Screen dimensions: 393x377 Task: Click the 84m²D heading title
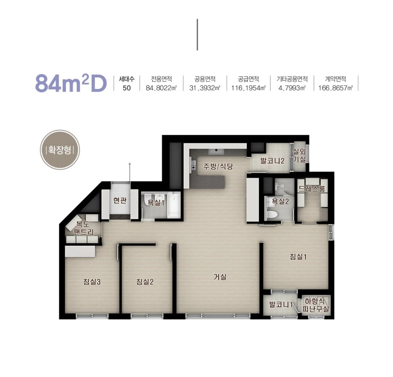71,82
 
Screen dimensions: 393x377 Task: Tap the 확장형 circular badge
60,150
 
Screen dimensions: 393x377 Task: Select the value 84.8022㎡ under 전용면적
162,88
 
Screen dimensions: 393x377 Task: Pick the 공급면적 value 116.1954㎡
249,88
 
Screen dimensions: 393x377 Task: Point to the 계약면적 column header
336,79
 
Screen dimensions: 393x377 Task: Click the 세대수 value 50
127,88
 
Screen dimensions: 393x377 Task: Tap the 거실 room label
220,277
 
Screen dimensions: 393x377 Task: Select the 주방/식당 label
218,166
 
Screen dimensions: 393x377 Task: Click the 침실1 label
298,257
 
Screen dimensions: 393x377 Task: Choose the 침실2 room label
145,282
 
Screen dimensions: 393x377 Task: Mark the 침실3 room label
92,282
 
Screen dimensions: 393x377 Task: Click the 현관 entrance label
120,201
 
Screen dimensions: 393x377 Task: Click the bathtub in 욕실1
174,205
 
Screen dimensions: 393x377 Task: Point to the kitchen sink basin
216,151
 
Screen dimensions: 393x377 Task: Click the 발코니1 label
281,305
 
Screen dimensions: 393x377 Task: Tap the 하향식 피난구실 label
315,305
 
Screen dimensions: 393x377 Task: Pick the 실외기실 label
299,155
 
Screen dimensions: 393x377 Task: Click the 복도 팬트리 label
83,228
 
